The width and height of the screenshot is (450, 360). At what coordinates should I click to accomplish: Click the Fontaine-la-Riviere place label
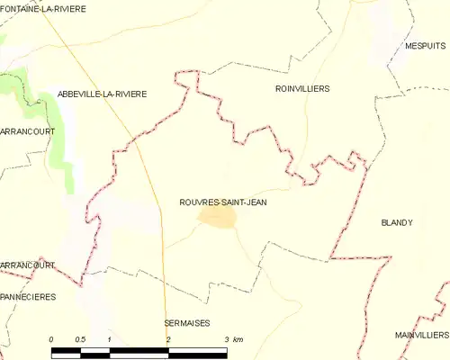[42, 9]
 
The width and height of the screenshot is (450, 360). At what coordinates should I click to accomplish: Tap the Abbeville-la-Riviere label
[101, 94]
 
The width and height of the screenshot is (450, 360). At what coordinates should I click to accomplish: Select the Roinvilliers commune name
[301, 89]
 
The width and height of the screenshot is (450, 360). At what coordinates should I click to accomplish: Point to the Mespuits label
[425, 45]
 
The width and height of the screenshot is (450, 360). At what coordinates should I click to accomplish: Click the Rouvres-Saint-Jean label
[222, 202]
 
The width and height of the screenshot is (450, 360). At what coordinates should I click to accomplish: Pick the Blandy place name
[396, 222]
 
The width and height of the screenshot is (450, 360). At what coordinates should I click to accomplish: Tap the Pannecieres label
[28, 296]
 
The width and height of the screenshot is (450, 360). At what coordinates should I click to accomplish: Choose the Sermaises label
[186, 322]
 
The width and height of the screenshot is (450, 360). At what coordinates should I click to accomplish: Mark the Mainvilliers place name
[421, 335]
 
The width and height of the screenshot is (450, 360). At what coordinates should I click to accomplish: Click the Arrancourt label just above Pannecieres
[27, 265]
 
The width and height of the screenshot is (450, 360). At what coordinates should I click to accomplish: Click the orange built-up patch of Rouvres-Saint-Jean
[218, 219]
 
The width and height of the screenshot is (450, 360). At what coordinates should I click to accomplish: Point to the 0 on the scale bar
[52, 338]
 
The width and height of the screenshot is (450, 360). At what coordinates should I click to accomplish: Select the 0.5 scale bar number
[80, 338]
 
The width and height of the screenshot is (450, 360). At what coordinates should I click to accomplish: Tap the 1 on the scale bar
[109, 338]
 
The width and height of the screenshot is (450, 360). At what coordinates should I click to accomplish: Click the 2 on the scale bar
[167, 338]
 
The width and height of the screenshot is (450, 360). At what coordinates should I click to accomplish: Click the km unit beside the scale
[238, 338]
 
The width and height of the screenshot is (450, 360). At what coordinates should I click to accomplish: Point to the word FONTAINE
[21, 9]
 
